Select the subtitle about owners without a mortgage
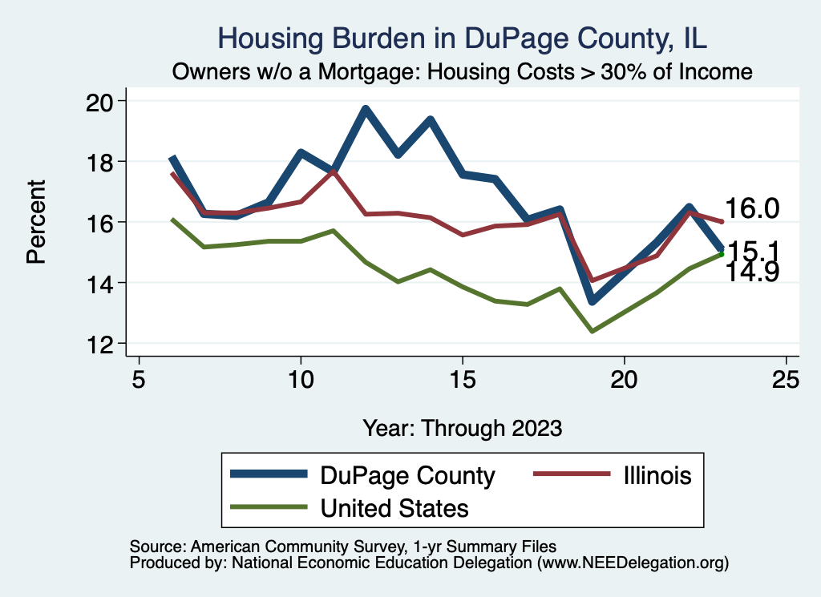click(x=463, y=72)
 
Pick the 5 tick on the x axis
click(x=139, y=378)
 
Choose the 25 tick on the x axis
click(x=787, y=378)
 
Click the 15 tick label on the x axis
click(x=463, y=378)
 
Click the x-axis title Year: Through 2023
click(x=463, y=427)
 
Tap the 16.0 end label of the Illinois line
click(x=752, y=209)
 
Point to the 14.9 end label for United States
click(x=752, y=273)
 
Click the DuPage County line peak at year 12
click(x=366, y=109)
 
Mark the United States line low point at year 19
click(x=592, y=331)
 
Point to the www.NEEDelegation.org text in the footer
click(x=633, y=563)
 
